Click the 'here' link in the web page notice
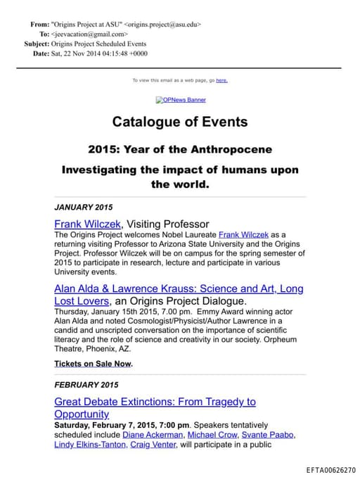click(221, 80)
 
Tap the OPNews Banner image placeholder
click(181, 100)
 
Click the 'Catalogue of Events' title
click(180, 122)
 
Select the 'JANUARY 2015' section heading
click(83, 208)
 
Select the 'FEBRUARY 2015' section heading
click(86, 385)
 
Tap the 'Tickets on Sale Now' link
click(92, 364)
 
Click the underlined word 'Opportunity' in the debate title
click(82, 414)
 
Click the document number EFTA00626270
click(330, 469)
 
